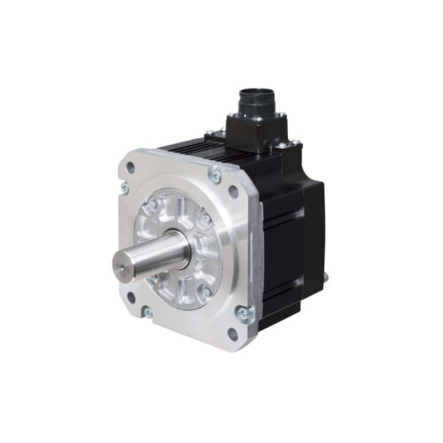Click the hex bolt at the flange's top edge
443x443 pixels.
coord(214,176)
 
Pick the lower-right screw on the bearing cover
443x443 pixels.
coord(204,291)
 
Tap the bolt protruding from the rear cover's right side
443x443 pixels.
coord(325,276)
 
